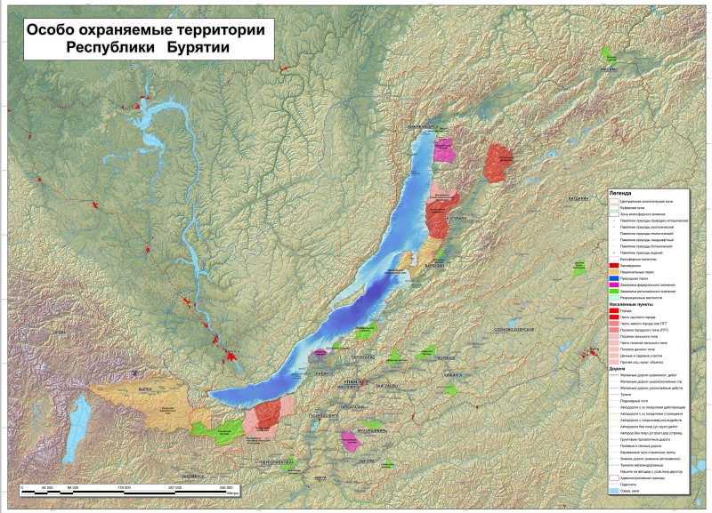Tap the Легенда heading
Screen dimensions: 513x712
(619, 192)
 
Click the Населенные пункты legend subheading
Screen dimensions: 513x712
(634, 304)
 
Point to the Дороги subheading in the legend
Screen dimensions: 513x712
(618, 367)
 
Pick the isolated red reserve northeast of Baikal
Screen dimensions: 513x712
(498, 162)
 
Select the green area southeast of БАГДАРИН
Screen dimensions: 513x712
(580, 266)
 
